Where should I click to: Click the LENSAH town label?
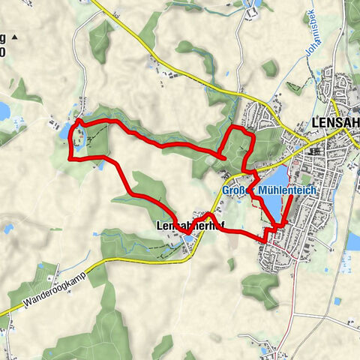click(334, 124)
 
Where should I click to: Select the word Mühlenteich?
click(287, 191)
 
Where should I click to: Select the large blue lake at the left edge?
click(4, 111)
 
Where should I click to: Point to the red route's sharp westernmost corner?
click(69, 158)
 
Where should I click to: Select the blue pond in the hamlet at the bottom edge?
click(268, 349)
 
